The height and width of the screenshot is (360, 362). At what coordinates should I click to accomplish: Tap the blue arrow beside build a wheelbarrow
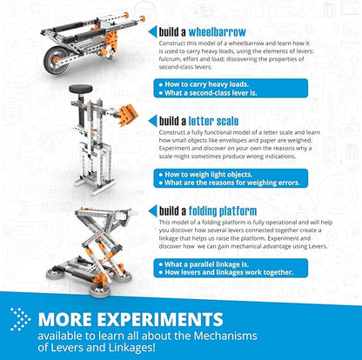pos(152,31)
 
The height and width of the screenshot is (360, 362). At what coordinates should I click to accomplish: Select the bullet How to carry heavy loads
pos(208,84)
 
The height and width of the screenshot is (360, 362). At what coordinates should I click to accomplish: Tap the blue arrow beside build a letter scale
pos(152,122)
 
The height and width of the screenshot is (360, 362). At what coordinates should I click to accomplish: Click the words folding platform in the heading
pos(227,210)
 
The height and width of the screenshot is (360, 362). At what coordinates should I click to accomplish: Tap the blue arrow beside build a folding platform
pos(152,210)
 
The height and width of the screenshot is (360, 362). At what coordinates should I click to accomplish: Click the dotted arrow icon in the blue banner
pos(21,319)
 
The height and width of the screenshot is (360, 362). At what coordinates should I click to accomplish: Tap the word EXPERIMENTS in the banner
pos(161,319)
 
